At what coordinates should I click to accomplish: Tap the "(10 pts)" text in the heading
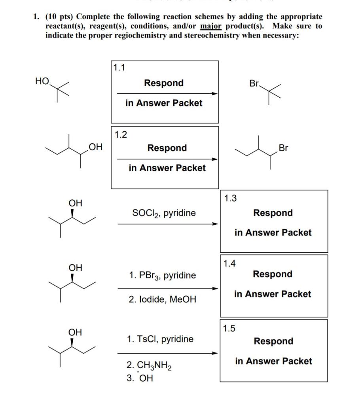click(x=59, y=17)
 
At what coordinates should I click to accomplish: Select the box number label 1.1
click(x=119, y=68)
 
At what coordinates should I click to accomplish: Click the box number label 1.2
click(x=121, y=134)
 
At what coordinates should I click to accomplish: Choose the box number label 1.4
click(x=229, y=263)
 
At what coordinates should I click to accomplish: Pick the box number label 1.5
click(x=229, y=328)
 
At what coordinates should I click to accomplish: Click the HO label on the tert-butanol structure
click(x=42, y=81)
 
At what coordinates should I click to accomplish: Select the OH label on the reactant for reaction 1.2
click(x=95, y=148)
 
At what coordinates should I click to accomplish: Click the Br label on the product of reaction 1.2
click(x=283, y=148)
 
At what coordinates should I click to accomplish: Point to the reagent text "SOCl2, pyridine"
click(x=164, y=213)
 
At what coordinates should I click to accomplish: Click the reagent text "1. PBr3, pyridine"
click(x=162, y=276)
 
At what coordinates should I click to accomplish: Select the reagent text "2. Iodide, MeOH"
click(x=162, y=299)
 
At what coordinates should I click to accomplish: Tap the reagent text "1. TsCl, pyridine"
click(x=160, y=339)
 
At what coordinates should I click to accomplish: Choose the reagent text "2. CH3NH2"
click(x=150, y=367)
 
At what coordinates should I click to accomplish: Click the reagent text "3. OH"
click(x=140, y=379)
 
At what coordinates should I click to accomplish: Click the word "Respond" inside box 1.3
click(x=273, y=213)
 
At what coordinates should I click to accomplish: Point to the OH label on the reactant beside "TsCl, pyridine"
click(x=76, y=332)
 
